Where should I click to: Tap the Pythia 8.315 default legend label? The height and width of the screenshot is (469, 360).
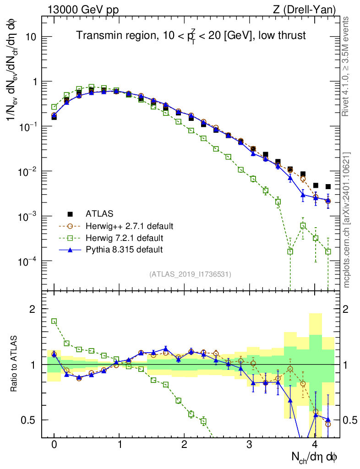124,250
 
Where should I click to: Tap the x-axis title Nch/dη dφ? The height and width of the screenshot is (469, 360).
315,457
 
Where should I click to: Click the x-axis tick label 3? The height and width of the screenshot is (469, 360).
250,445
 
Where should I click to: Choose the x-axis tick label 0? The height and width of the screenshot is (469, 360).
54,445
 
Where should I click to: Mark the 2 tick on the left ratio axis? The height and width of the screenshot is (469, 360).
32,309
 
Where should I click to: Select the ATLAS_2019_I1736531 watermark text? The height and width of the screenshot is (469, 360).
190,274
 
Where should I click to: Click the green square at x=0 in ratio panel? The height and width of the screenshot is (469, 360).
54,321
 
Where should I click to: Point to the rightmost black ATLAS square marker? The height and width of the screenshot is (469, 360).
328,186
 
